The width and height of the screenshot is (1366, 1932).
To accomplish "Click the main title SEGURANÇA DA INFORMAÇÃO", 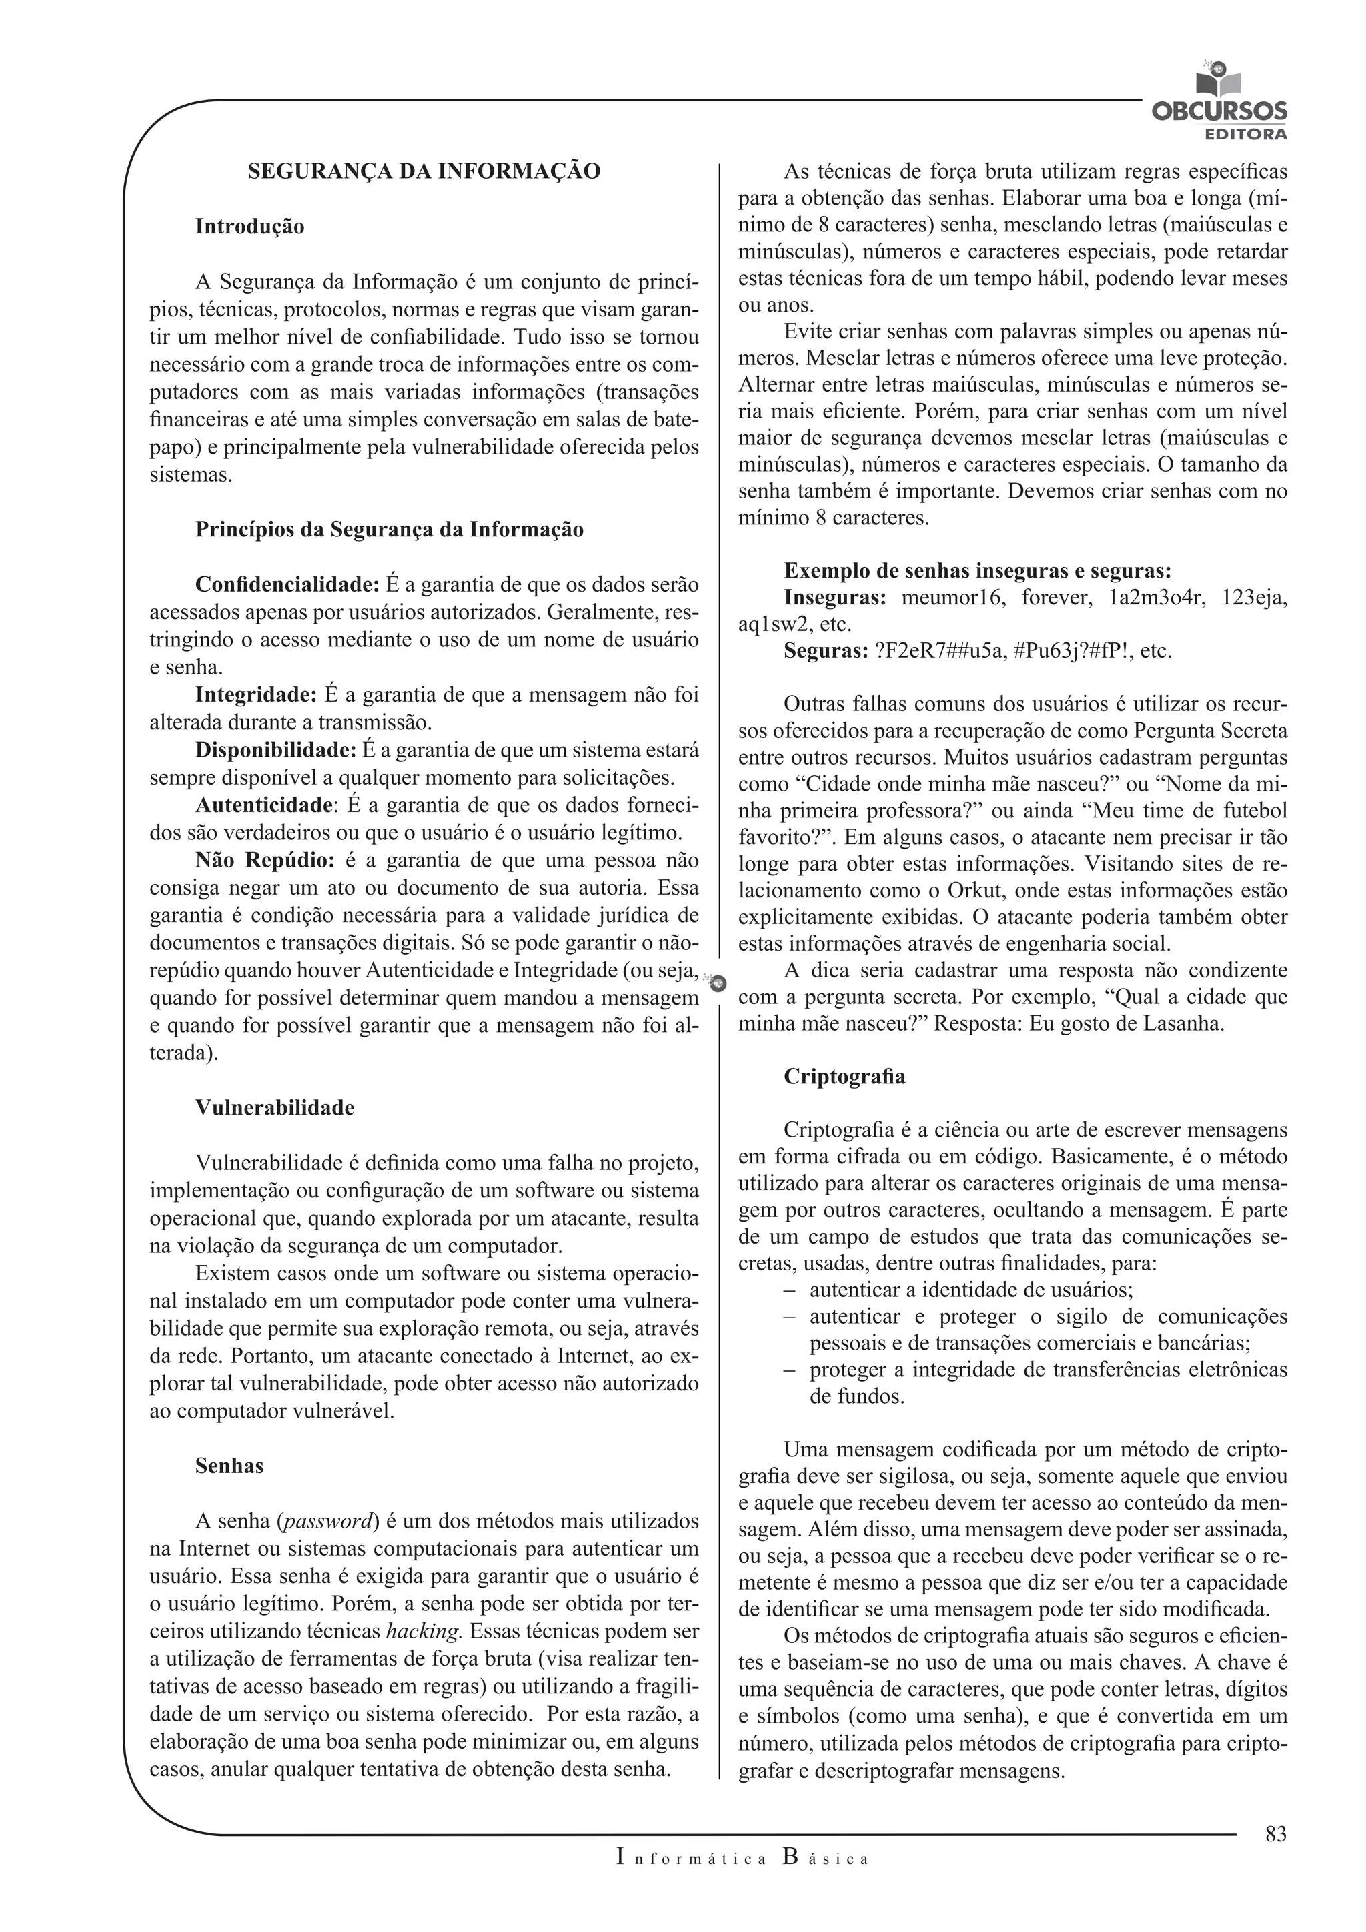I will pyautogui.click(x=424, y=171).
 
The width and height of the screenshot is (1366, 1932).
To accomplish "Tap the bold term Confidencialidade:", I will pyautogui.click(x=287, y=584).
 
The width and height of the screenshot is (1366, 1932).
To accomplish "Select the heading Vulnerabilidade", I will pyautogui.click(x=275, y=1107).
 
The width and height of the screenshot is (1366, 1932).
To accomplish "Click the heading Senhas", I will pyautogui.click(x=229, y=1466).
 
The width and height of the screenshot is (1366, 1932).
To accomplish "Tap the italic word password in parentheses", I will pyautogui.click(x=329, y=1521).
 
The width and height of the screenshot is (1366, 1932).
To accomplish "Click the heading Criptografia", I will pyautogui.click(x=844, y=1077).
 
